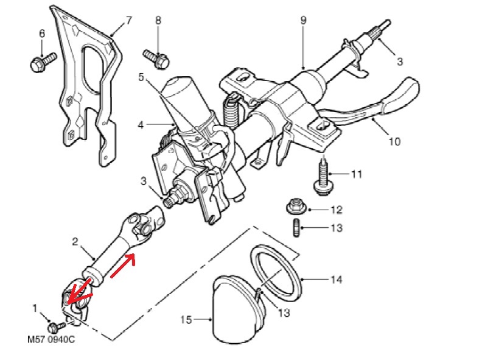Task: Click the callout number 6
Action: [42, 34]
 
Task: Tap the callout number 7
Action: [128, 20]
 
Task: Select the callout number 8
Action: [158, 20]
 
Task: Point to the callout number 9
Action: [303, 20]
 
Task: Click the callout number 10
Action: [394, 141]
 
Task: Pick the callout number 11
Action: [357, 174]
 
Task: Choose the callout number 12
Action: [337, 210]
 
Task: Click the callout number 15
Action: [187, 319]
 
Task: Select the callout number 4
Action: [141, 125]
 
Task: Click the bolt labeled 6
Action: [41, 61]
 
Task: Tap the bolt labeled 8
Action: [158, 58]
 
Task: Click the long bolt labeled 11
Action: [322, 176]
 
